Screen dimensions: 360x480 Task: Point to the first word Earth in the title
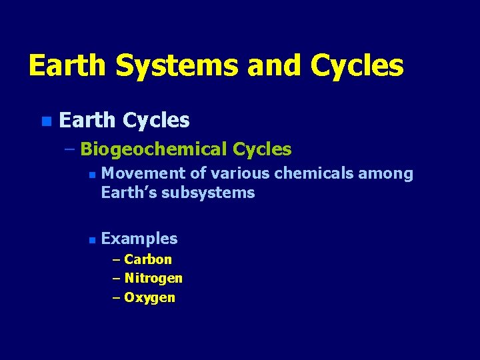click(x=67, y=66)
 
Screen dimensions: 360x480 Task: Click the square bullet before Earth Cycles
click(x=45, y=121)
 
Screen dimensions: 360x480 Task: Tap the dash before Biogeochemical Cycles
click(x=70, y=149)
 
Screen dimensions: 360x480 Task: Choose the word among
click(x=385, y=175)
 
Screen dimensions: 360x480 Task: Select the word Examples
click(x=139, y=239)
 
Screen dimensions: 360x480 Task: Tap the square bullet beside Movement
click(x=92, y=175)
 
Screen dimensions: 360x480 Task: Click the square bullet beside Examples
click(x=92, y=239)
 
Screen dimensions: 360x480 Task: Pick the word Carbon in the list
click(x=148, y=259)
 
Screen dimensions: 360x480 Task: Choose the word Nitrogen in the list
click(x=153, y=278)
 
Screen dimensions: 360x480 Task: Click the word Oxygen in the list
click(x=149, y=297)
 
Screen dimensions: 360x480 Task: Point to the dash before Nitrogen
click(x=117, y=278)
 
